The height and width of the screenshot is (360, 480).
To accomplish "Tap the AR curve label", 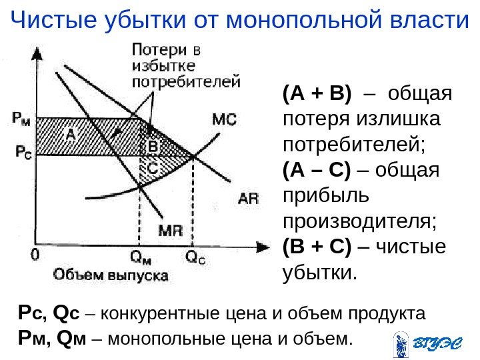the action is tap(247, 198).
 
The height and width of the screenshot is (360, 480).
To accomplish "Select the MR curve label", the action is tap(171, 230).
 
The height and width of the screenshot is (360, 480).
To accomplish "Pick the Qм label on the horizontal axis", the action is tap(140, 255).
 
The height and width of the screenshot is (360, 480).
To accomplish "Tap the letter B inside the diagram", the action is tap(153, 145).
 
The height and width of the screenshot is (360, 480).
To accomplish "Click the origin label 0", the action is tap(35, 255).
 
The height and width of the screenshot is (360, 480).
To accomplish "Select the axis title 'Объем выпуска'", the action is tap(111, 274).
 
